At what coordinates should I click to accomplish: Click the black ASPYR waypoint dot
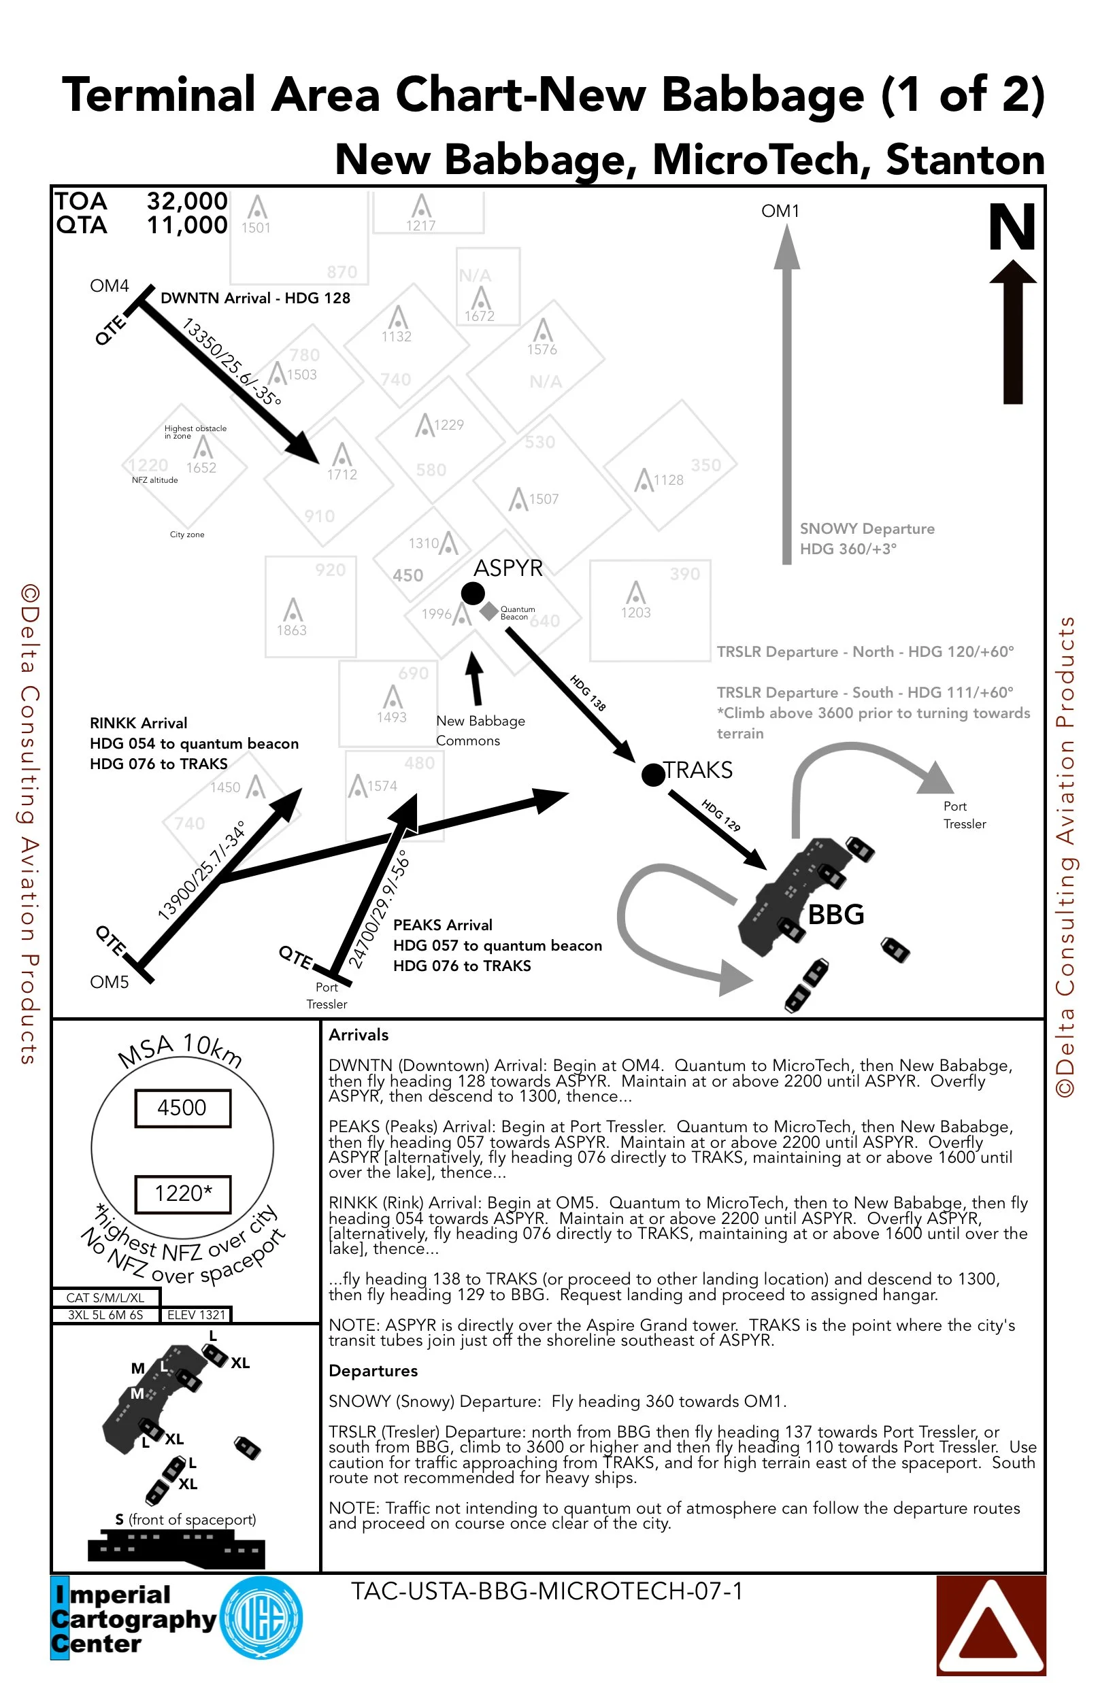(473, 592)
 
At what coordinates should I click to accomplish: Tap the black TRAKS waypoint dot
(653, 775)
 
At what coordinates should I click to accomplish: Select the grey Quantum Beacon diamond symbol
(488, 611)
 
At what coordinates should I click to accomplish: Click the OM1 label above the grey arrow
(780, 211)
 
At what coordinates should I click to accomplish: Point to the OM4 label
(109, 286)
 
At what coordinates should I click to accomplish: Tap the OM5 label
(109, 981)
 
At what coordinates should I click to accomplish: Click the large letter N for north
(1012, 227)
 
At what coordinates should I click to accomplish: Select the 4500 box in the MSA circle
(182, 1108)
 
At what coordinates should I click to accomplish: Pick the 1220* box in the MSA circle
(183, 1193)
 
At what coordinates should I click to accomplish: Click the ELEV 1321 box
(196, 1314)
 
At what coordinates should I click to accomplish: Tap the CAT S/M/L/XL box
(105, 1297)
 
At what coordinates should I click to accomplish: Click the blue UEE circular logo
(261, 1618)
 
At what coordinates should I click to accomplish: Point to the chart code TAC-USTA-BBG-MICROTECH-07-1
(547, 1591)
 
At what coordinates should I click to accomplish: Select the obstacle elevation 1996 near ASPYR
(436, 614)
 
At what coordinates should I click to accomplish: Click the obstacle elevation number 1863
(291, 630)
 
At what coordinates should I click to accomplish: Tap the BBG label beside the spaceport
(835, 915)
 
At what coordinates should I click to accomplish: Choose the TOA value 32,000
(187, 201)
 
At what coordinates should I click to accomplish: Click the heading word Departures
(373, 1370)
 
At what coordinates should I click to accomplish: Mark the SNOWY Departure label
(867, 528)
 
